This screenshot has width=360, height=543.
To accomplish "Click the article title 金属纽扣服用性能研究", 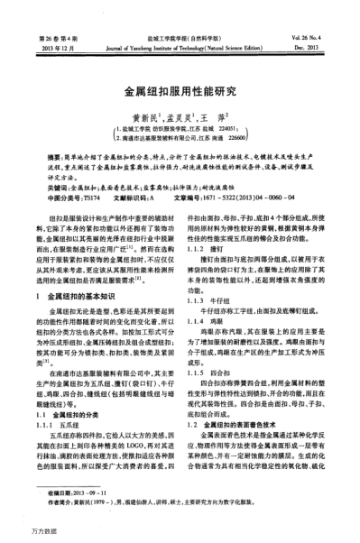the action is tap(180, 91).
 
